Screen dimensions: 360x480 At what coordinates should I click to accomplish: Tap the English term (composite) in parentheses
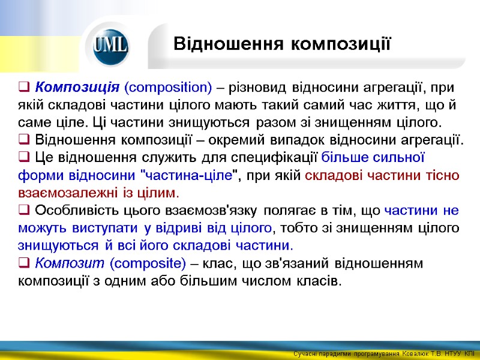click(x=149, y=263)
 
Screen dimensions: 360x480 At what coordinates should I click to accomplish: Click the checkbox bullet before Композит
click(x=24, y=263)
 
